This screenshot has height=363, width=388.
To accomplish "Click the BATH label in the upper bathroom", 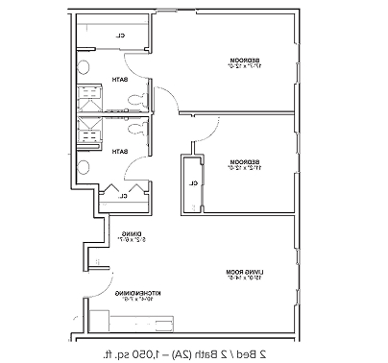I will pyautogui.click(x=120, y=80).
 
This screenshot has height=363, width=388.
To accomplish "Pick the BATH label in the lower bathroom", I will pyautogui.click(x=120, y=152).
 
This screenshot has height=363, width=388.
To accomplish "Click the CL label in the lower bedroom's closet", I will pyautogui.click(x=194, y=181).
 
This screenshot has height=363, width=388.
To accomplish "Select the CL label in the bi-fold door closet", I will pyautogui.click(x=123, y=196).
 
